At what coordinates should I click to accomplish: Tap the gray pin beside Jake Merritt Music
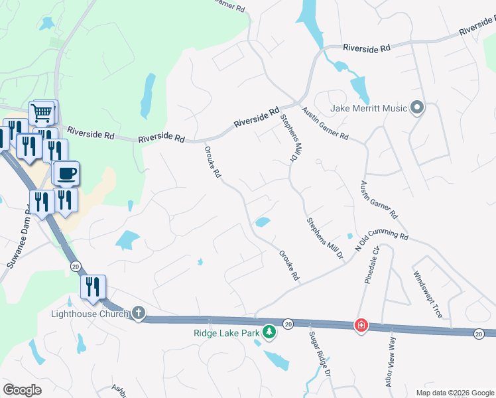(417, 107)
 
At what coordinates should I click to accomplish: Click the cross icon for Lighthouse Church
(139, 312)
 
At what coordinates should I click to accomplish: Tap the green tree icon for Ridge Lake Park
(269, 331)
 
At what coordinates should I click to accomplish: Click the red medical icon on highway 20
(361, 325)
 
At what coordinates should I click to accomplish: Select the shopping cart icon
(42, 113)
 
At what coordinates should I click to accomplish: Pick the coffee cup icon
(66, 174)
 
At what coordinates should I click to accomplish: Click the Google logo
(22, 389)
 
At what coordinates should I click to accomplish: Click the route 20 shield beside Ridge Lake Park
(288, 324)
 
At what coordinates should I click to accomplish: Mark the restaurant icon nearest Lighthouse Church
(93, 287)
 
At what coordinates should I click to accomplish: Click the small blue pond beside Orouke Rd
(263, 222)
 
